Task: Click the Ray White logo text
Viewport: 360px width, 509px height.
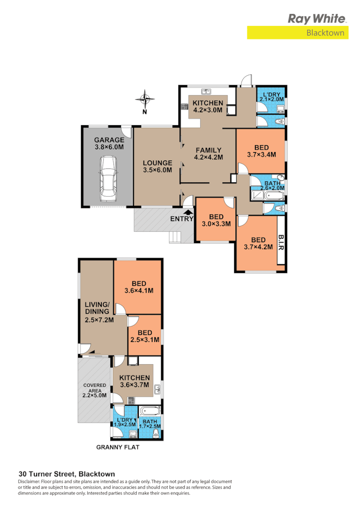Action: (317, 19)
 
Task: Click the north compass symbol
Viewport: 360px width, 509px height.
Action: (144, 100)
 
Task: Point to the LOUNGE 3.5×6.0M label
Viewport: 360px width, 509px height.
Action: (157, 166)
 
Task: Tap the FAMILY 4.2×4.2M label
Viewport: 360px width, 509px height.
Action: (208, 154)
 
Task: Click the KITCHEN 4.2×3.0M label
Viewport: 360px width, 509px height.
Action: (208, 106)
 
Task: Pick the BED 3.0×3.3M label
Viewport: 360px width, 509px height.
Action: (216, 220)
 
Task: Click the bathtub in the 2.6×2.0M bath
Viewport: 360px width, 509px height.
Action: (268, 195)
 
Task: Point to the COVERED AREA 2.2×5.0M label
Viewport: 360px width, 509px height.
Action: (94, 389)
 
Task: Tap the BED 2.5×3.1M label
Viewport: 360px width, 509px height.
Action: (144, 336)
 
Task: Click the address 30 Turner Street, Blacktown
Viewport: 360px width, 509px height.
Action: (66, 473)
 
